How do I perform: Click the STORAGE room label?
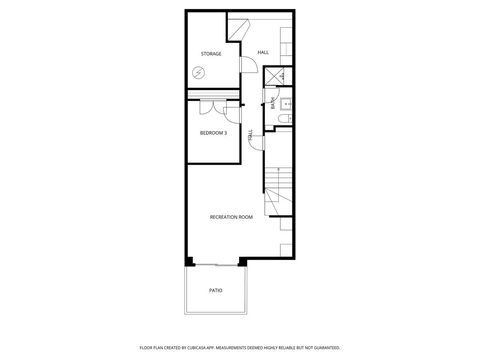(210, 53)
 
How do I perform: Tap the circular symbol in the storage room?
(199, 72)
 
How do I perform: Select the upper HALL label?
(263, 52)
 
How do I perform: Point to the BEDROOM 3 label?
(213, 133)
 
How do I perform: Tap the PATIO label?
(215, 291)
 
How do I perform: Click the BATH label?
(271, 101)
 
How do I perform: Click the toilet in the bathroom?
(283, 118)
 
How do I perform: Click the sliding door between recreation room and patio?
(215, 264)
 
